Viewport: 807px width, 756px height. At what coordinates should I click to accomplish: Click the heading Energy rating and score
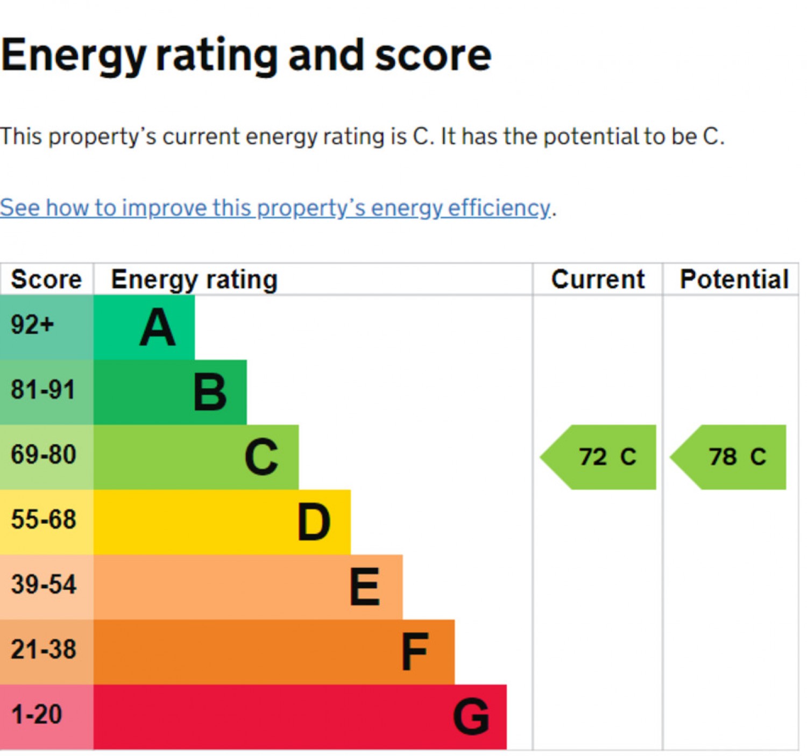[x=246, y=56]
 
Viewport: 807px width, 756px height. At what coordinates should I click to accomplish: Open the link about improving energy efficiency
[x=275, y=208]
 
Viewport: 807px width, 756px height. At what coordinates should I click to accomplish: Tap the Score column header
[x=46, y=280]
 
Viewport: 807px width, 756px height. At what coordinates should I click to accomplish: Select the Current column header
[x=598, y=280]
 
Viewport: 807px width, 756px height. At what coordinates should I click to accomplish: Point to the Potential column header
[x=734, y=280]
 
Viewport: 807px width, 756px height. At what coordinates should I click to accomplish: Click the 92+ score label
[x=32, y=325]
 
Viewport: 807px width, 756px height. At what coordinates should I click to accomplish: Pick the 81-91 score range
[x=43, y=390]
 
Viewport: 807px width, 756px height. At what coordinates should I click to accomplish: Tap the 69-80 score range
[x=44, y=455]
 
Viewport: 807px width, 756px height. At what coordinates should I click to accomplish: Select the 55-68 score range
[x=44, y=520]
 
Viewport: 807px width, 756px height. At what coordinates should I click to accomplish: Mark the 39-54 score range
[x=44, y=585]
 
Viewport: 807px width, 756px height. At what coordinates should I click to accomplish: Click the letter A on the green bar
[x=158, y=327]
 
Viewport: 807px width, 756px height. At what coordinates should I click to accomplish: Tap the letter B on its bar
[x=210, y=393]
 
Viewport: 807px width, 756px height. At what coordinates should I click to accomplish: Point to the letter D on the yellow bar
[x=314, y=522]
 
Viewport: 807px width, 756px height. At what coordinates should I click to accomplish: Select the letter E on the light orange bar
[x=365, y=587]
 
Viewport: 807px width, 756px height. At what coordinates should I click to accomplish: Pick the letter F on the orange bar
[x=415, y=652]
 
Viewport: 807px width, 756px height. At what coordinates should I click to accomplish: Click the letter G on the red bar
[x=471, y=717]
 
